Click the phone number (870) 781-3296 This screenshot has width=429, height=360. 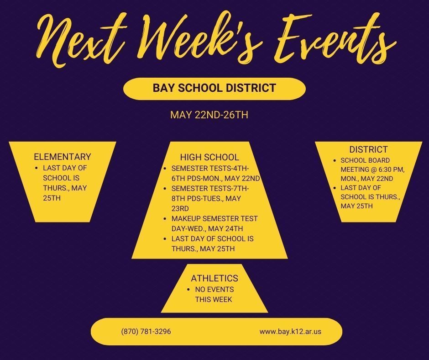[146, 332]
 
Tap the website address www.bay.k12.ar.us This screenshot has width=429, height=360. [290, 332]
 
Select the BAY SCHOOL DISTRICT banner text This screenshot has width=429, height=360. [214, 88]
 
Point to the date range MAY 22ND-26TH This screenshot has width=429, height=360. [209, 115]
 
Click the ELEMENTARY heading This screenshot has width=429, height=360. [63, 157]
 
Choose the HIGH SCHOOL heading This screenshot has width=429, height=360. [209, 157]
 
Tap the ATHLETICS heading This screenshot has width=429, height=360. [214, 278]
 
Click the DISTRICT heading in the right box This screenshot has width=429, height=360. [369, 149]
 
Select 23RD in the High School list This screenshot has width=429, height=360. [180, 208]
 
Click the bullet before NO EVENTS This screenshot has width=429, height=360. [188, 290]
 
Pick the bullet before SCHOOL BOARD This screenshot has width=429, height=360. [335, 160]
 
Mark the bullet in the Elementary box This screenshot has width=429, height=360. [37, 168]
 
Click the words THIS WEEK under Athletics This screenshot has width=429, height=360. [214, 299]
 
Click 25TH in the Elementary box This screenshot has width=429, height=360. [52, 198]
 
